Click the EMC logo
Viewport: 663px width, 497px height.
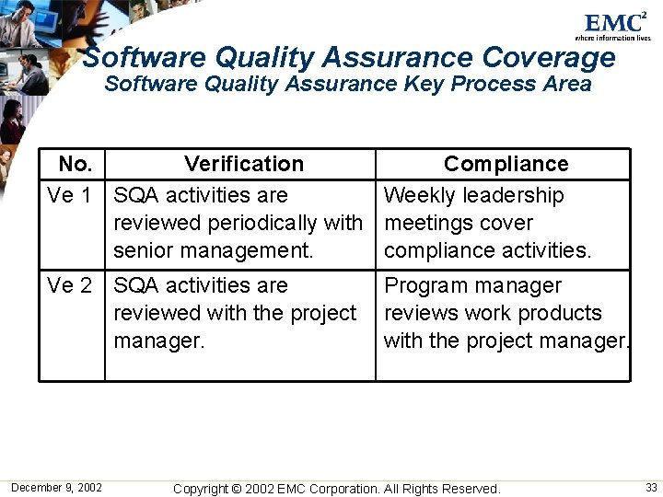coord(616,23)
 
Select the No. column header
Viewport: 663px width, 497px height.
coord(75,164)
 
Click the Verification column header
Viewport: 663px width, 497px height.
coord(243,164)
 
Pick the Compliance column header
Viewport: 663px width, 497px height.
coord(506,164)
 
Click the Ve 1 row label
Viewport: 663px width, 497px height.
coord(69,195)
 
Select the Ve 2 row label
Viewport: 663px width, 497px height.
coord(69,285)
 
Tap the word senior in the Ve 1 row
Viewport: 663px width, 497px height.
coord(142,250)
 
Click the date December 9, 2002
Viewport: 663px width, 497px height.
coord(56,487)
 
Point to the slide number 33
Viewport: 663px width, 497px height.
coord(651,487)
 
